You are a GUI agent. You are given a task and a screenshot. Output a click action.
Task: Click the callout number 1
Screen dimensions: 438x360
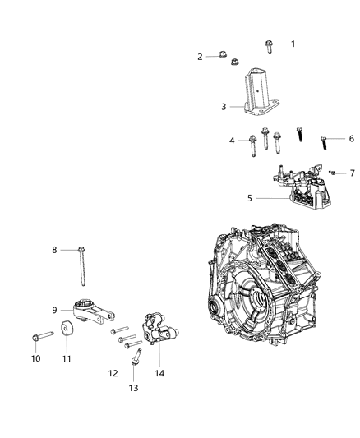[x=292, y=44]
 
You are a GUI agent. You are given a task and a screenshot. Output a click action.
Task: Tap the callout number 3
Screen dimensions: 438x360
[x=223, y=107]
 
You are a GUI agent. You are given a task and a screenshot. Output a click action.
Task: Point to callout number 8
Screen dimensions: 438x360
[x=55, y=250]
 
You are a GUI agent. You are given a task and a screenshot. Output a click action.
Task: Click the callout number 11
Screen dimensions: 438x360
[x=66, y=358]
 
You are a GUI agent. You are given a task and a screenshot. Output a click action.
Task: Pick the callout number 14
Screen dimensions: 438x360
[x=159, y=372]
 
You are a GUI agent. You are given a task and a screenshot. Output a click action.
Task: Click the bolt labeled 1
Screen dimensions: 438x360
[x=270, y=44]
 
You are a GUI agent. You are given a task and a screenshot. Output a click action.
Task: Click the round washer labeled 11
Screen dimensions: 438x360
[x=66, y=337]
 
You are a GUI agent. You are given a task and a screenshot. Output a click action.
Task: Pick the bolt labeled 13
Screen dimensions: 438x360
[x=136, y=360]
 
